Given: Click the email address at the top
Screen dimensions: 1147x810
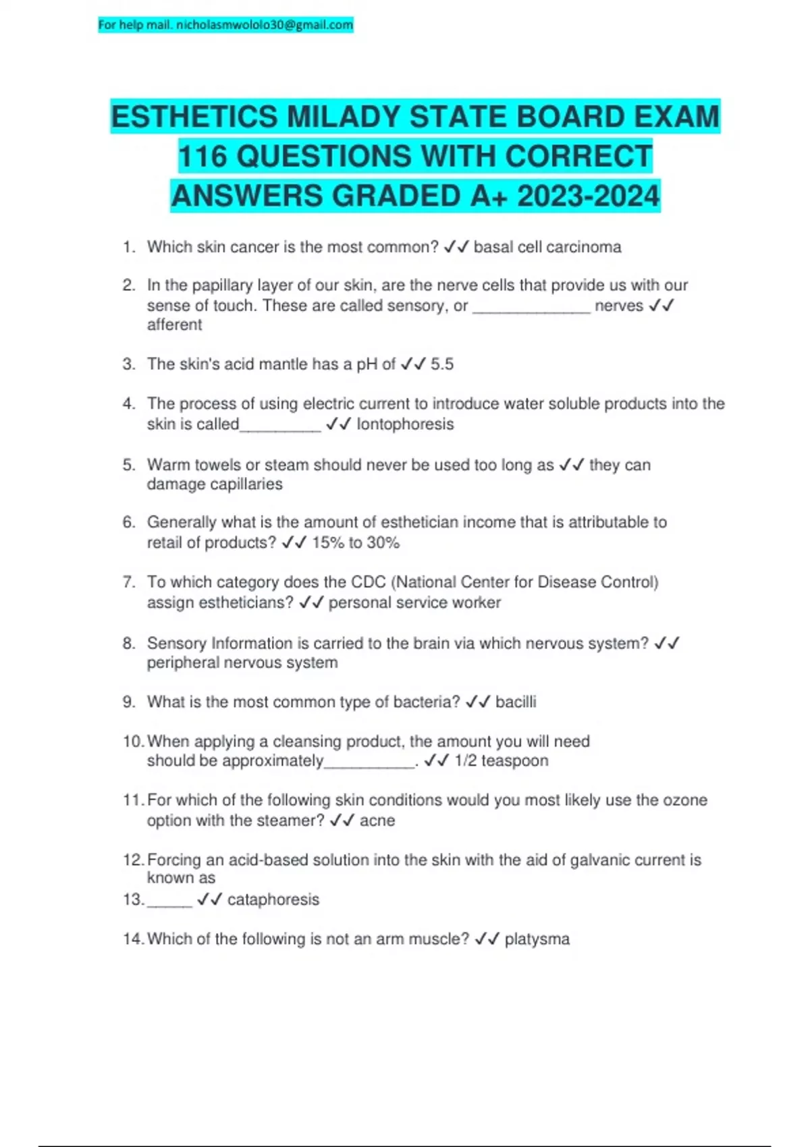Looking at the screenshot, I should (x=264, y=25).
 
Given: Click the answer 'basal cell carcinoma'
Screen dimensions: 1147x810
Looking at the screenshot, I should (x=547, y=247).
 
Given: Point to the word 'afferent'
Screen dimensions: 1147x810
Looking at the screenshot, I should (x=174, y=325).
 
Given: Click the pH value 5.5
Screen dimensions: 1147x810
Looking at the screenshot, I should (x=442, y=364).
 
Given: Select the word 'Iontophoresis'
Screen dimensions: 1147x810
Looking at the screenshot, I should (x=405, y=424).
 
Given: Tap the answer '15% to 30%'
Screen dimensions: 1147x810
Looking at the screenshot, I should (x=356, y=542).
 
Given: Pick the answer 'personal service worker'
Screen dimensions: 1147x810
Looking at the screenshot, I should (x=414, y=603).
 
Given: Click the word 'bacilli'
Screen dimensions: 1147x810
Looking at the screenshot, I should (x=516, y=702).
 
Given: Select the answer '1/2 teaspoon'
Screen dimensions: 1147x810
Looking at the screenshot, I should (x=501, y=760).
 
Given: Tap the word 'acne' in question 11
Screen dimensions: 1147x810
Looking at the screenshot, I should (x=377, y=820).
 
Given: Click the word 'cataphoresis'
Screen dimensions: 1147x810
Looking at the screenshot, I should (x=273, y=899).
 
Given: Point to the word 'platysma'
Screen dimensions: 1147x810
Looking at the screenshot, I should (x=537, y=939).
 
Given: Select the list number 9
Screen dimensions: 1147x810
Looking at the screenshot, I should (x=129, y=702).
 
